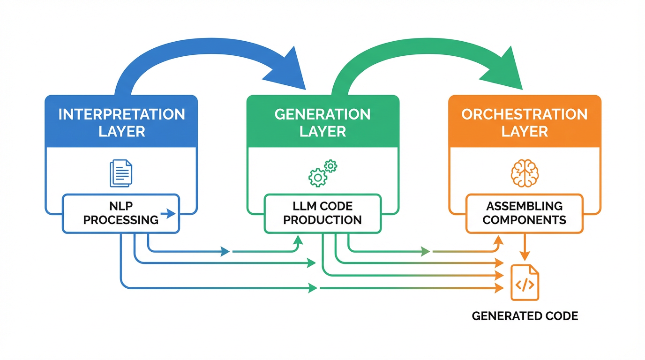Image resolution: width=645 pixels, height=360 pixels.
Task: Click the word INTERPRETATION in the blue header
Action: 121,114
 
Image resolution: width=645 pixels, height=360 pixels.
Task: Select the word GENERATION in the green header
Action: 322,114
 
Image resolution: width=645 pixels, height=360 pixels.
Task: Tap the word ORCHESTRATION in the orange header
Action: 525,114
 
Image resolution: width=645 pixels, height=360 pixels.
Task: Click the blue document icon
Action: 121,173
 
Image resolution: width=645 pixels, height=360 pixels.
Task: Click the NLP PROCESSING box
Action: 120,213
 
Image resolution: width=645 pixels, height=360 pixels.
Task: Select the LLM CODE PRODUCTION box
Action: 322,213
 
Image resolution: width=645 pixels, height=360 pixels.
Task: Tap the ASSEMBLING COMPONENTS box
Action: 524,213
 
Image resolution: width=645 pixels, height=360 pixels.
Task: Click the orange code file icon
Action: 525,283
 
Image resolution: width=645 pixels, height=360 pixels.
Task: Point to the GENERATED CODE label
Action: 525,316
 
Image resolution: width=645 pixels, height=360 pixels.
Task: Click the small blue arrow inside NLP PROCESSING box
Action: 167,214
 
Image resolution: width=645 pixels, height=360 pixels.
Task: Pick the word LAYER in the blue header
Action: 121,131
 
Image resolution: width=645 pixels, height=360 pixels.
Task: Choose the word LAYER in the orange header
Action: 525,131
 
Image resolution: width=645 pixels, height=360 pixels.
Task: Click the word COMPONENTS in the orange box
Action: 524,219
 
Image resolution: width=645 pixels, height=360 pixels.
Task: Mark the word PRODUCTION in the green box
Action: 322,219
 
